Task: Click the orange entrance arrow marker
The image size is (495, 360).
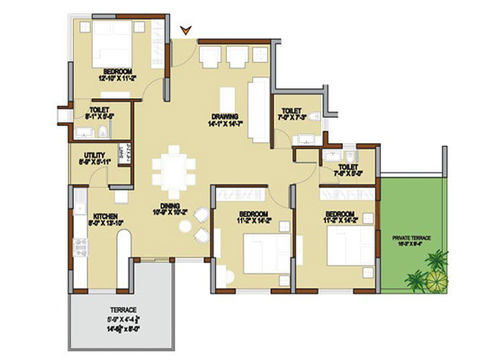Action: pos(185,31)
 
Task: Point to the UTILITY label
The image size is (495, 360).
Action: pos(95,159)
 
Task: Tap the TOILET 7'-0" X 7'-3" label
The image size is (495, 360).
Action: pos(292,115)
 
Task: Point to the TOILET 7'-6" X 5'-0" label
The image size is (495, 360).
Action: pos(349,171)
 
